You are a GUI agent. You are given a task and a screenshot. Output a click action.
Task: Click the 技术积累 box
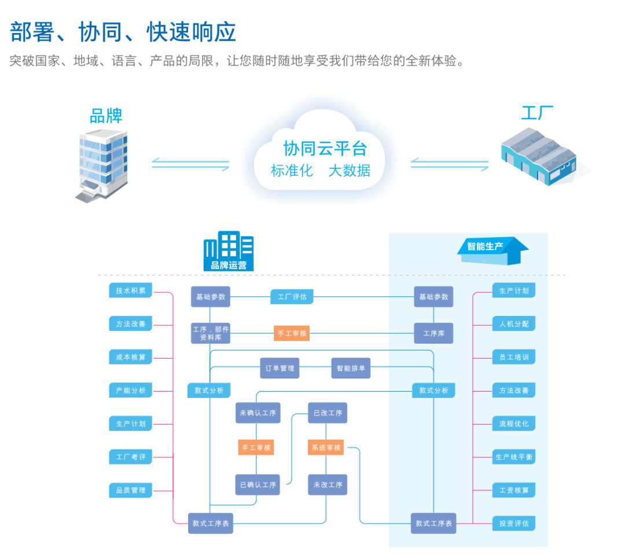pyautogui.click(x=130, y=290)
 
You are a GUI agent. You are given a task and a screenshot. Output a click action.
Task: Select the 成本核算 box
pyautogui.click(x=130, y=357)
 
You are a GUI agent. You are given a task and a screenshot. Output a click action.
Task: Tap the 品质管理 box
pyautogui.click(x=130, y=490)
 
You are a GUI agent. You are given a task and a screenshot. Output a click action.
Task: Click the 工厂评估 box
pyautogui.click(x=292, y=297)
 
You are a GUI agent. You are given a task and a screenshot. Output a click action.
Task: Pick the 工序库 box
pyautogui.click(x=433, y=333)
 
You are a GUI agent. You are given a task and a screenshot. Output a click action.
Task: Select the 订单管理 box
pyautogui.click(x=280, y=368)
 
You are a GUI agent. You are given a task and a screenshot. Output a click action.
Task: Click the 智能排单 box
pyautogui.click(x=351, y=368)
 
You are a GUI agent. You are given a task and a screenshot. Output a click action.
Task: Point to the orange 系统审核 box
pyautogui.click(x=326, y=447)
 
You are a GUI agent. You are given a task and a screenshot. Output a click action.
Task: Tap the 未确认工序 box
pyautogui.click(x=258, y=413)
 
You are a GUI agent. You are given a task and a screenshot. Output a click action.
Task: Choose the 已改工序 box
pyautogui.click(x=328, y=413)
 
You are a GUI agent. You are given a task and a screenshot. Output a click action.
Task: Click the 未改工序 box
pyautogui.click(x=328, y=485)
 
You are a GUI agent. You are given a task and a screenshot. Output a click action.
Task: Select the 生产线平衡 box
pyautogui.click(x=514, y=457)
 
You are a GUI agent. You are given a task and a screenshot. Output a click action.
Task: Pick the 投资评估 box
pyautogui.click(x=514, y=524)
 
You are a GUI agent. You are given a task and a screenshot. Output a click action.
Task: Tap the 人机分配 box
pyautogui.click(x=514, y=324)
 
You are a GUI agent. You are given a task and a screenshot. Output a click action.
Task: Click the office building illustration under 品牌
pyautogui.click(x=102, y=165)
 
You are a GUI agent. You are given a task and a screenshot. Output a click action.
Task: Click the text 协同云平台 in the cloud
pyautogui.click(x=325, y=149)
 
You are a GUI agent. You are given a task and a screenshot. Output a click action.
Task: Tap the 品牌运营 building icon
pyautogui.click(x=229, y=252)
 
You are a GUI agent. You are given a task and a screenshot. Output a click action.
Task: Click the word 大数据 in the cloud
pyautogui.click(x=350, y=171)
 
